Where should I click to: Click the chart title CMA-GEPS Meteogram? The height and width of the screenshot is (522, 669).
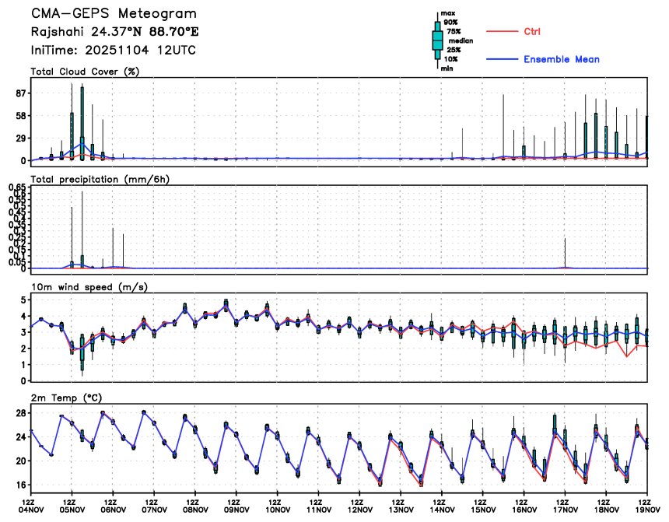click(x=114, y=14)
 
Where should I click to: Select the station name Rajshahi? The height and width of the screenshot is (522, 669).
click(x=55, y=33)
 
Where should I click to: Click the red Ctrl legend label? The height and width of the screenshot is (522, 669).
click(x=532, y=32)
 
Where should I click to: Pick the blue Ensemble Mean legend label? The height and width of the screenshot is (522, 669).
click(x=561, y=60)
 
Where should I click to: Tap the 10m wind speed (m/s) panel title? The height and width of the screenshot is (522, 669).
click(x=89, y=287)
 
